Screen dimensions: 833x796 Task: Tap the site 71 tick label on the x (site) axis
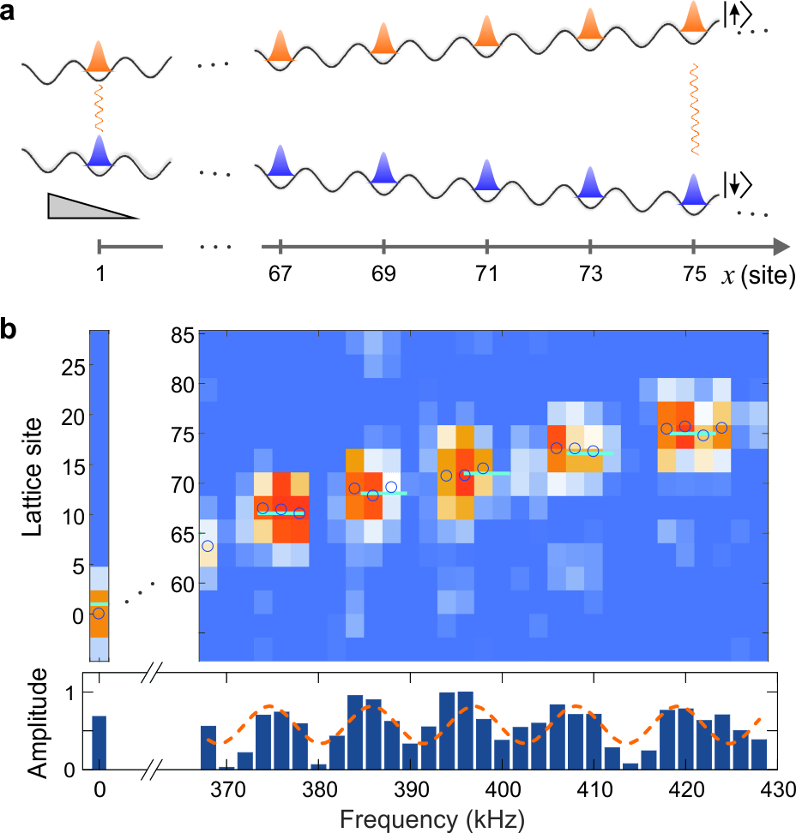point(486,275)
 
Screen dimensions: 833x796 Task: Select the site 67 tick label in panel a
point(280,275)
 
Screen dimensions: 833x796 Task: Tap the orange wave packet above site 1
point(99,57)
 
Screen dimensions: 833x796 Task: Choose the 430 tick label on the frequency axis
point(777,788)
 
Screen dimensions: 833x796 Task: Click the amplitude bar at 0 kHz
point(99,743)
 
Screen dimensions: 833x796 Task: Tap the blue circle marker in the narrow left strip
point(99,613)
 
